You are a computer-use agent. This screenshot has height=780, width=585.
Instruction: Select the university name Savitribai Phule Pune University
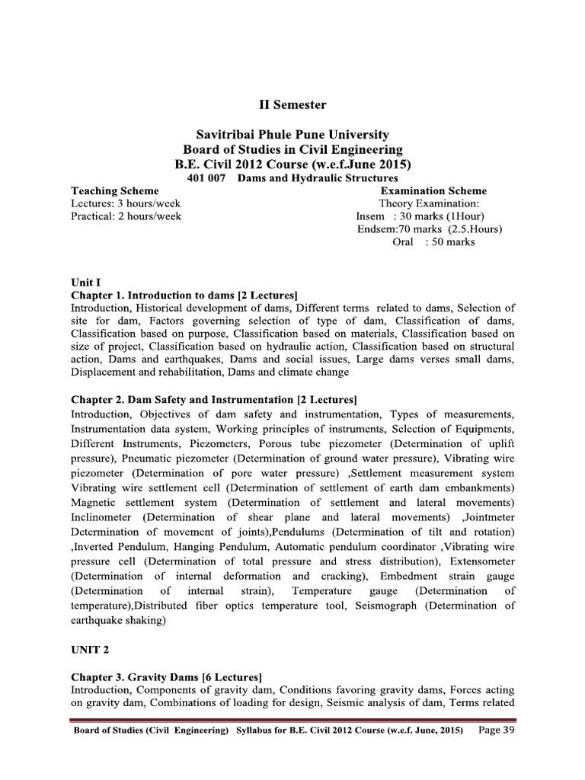pos(292,134)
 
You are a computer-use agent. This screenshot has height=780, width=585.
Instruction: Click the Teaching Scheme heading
pos(115,190)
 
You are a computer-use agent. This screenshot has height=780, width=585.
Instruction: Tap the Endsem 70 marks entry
pos(430,229)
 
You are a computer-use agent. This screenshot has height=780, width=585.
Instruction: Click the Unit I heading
pos(82,281)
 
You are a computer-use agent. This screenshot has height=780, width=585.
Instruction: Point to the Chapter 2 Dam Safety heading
pos(214,400)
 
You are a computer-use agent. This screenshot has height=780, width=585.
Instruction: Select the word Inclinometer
pos(105,516)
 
